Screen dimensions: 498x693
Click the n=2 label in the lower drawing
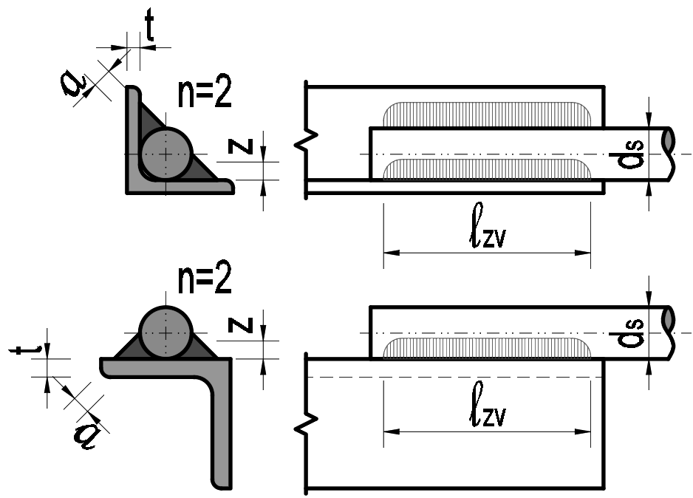(x=205, y=280)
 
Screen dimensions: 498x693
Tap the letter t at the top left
(x=149, y=29)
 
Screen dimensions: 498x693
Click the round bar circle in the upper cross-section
(x=167, y=153)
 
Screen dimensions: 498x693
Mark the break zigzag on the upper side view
(x=311, y=138)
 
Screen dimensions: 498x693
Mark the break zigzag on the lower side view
(x=311, y=424)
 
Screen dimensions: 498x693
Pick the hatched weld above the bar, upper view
(x=488, y=114)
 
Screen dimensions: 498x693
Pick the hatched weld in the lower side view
(x=488, y=346)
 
